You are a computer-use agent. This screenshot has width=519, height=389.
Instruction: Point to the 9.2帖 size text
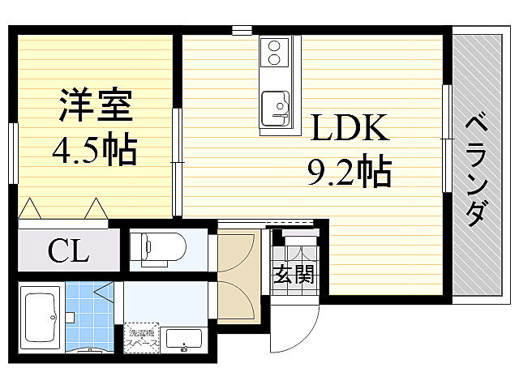tap(349, 171)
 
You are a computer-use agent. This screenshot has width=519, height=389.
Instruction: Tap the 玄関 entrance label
tap(293, 274)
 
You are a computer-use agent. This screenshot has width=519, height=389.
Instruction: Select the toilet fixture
tap(159, 248)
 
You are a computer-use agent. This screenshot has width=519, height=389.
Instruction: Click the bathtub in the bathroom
tap(40, 315)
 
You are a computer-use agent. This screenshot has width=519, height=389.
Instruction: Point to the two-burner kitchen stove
tap(274, 52)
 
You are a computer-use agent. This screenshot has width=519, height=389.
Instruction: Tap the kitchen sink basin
tap(276, 106)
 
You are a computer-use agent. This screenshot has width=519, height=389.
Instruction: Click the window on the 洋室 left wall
tap(14, 153)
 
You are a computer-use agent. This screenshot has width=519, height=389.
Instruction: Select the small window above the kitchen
tap(242, 31)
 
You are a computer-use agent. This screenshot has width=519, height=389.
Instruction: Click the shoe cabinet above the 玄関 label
tap(293, 243)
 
